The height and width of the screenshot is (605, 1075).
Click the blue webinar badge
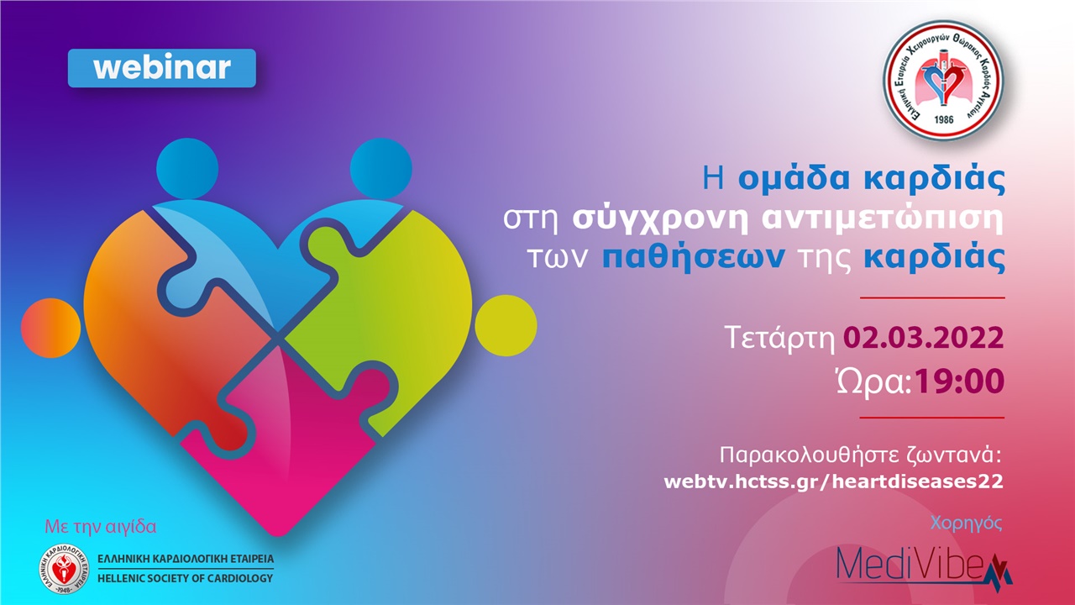pyautogui.click(x=161, y=68)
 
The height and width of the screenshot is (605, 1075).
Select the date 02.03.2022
pyautogui.click(x=924, y=338)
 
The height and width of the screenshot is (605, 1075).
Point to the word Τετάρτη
pyautogui.click(x=780, y=338)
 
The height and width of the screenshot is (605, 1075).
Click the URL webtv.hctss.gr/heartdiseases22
pyautogui.click(x=833, y=481)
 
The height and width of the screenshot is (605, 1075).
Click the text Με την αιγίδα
pyautogui.click(x=100, y=528)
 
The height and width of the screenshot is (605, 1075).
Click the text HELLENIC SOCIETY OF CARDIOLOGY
pyautogui.click(x=185, y=578)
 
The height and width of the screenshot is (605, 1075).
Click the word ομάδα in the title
pyautogui.click(x=794, y=179)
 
